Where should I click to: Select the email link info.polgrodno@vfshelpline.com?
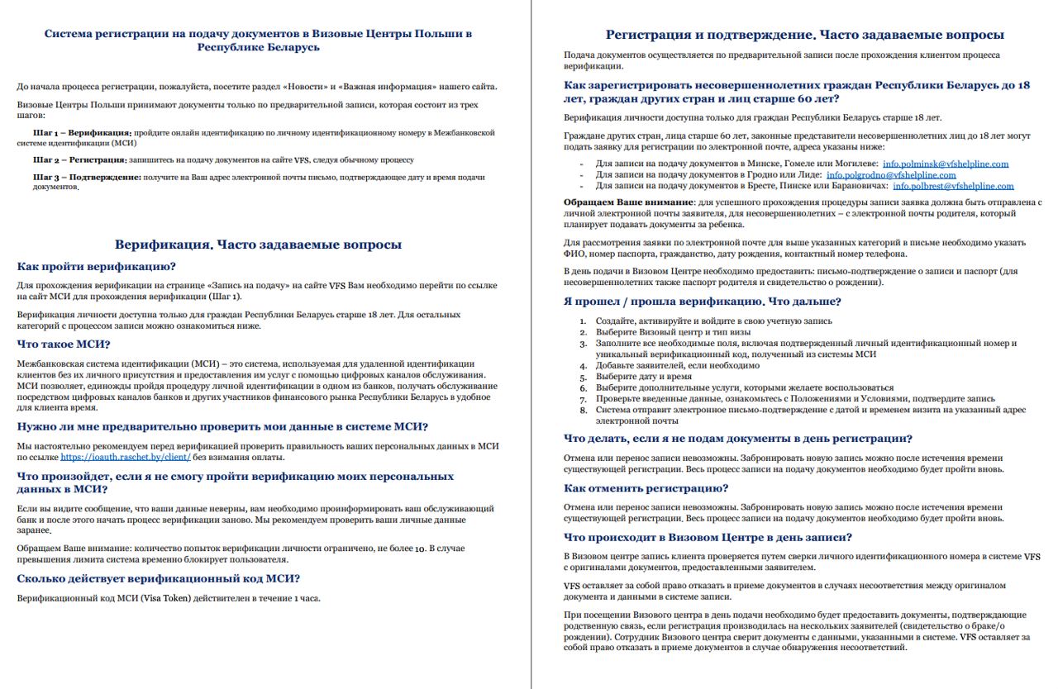coord(891,175)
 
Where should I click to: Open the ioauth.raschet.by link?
coord(126,457)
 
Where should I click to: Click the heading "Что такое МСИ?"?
coord(64,344)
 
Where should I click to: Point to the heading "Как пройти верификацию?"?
coord(97,267)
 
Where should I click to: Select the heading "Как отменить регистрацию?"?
coord(646,488)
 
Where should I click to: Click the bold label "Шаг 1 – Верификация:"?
coord(82,132)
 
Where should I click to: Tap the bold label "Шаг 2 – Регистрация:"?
coord(80,159)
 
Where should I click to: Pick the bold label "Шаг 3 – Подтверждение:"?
coord(86,177)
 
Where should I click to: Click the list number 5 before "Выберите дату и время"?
coord(583,377)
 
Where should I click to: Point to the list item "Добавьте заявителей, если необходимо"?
coord(677,365)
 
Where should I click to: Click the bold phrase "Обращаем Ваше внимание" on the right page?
coord(628,202)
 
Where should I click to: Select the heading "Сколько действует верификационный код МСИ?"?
coord(159,579)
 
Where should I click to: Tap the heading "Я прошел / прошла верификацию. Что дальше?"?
coord(702,302)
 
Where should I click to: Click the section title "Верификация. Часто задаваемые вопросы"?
coord(258,245)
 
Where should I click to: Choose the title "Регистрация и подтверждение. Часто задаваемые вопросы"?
coord(804,35)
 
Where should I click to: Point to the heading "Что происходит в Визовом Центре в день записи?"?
coord(708,538)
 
